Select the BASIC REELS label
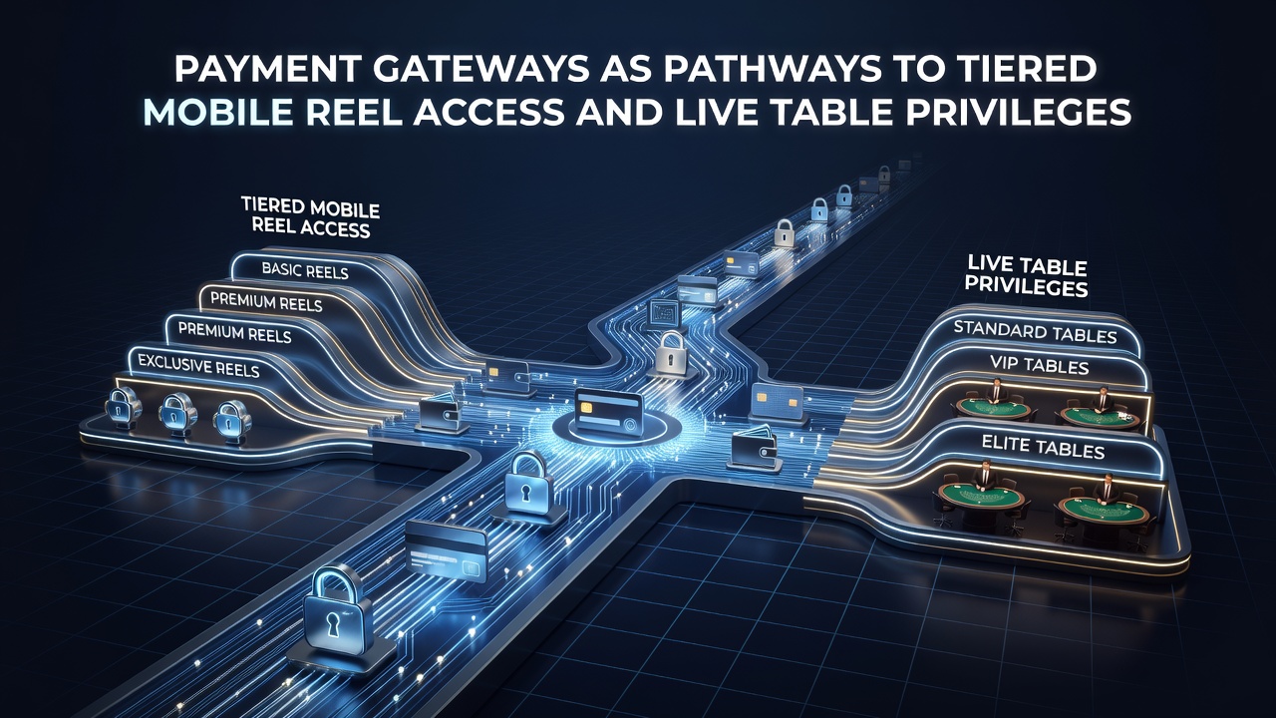305,270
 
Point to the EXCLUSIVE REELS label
198,365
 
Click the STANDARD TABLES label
1035,332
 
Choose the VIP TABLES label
1040,365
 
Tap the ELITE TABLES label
1043,448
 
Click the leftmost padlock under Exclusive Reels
123,408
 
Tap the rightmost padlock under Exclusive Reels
231,422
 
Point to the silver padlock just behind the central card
672,353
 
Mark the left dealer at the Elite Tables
983,477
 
